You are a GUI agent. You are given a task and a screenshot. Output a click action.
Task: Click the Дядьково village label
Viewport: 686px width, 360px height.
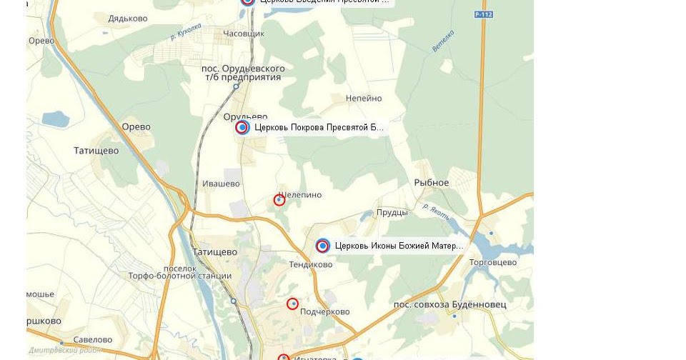tap(127, 19)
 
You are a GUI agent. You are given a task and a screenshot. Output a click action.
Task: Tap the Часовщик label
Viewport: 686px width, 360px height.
tap(244, 34)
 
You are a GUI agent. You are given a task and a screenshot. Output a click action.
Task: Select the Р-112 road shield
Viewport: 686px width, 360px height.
tap(484, 14)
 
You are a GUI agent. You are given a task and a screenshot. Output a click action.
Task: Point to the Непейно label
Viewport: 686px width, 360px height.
tap(364, 99)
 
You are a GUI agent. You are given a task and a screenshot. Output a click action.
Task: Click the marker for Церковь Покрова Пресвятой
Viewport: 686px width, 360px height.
tap(242, 127)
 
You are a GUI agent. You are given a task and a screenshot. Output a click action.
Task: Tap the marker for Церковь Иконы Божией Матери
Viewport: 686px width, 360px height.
tap(323, 246)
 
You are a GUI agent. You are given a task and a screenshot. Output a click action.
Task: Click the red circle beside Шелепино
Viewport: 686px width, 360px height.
tap(279, 200)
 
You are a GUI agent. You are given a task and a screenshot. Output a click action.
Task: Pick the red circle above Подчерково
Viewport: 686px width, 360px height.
tap(292, 304)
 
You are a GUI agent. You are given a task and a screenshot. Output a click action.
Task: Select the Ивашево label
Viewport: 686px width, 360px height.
tap(221, 184)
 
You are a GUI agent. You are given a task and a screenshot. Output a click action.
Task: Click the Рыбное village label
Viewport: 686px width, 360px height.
tap(432, 182)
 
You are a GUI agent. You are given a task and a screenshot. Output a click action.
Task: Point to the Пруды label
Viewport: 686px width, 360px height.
tap(392, 212)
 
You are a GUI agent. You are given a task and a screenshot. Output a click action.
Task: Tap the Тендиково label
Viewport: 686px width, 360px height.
tap(311, 264)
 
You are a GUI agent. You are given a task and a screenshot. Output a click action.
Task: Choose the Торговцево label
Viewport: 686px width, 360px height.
tap(493, 262)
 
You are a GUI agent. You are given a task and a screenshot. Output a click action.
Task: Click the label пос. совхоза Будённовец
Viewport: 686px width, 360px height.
tap(450, 304)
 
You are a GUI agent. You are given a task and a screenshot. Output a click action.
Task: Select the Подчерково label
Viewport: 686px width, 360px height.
tap(325, 311)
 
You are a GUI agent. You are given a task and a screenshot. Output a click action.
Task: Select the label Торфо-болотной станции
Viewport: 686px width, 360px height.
tap(179, 276)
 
